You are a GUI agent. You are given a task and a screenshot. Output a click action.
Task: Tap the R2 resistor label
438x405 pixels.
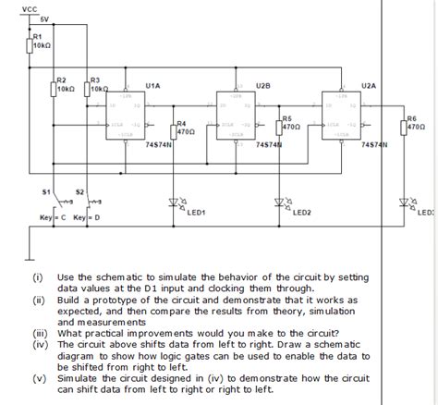[62, 80]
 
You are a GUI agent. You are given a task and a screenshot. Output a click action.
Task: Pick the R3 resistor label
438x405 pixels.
[95, 80]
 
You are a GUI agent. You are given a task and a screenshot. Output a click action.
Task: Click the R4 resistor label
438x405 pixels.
[181, 122]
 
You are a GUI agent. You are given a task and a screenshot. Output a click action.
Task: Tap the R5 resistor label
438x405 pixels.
[287, 118]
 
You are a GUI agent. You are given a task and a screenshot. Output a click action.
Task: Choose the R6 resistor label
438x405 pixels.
[412, 118]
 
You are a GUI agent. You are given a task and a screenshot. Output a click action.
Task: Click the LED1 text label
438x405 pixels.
[196, 212]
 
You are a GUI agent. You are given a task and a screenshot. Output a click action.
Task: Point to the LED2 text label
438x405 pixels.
[302, 212]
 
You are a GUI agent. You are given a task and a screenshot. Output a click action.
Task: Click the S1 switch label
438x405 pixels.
[46, 191]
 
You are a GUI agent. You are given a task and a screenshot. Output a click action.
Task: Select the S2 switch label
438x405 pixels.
[79, 191]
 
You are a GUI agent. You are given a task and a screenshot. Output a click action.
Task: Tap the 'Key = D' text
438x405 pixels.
[87, 217]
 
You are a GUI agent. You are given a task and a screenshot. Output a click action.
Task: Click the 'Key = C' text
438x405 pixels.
[52, 217]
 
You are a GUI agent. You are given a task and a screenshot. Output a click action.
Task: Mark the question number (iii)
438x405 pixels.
[40, 333]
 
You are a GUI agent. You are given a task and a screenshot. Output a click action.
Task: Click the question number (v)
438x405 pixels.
[39, 378]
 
